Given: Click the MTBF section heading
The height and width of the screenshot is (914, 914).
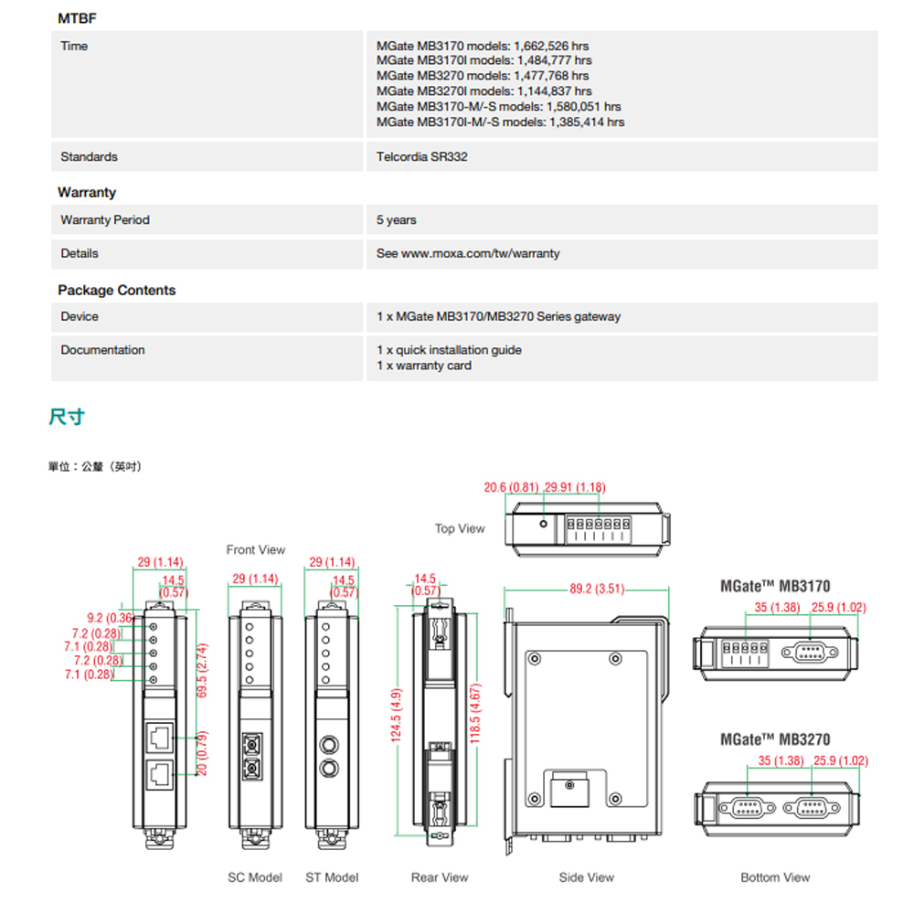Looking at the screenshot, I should click(x=77, y=17).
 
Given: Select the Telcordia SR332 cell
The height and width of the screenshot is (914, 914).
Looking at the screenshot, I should click(x=421, y=157).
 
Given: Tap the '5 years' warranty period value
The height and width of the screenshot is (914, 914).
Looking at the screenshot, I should click(x=396, y=220).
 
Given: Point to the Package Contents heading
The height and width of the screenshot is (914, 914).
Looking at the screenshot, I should click(x=116, y=290).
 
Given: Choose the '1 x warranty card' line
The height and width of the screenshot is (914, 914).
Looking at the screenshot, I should click(x=424, y=366).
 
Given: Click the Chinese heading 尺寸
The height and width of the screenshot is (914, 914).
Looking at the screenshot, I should click(x=66, y=418).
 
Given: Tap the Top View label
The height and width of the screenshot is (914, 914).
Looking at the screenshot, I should click(x=460, y=528).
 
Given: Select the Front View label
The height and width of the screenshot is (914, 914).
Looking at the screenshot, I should click(x=256, y=549).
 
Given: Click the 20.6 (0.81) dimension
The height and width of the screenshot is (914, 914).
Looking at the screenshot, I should click(x=511, y=487).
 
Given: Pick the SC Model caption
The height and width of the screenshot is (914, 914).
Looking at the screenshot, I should click(x=255, y=877).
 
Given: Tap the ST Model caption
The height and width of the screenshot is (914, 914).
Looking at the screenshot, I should click(x=332, y=877).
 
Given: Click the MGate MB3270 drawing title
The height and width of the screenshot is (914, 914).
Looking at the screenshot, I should click(x=775, y=739).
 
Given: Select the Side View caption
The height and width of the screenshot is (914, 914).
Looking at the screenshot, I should click(x=587, y=877).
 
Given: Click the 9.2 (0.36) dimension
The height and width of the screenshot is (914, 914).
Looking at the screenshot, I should click(x=108, y=619).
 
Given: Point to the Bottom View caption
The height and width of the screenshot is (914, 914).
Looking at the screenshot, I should click(x=775, y=877).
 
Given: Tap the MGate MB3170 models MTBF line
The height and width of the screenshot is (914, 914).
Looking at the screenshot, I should click(x=483, y=46).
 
